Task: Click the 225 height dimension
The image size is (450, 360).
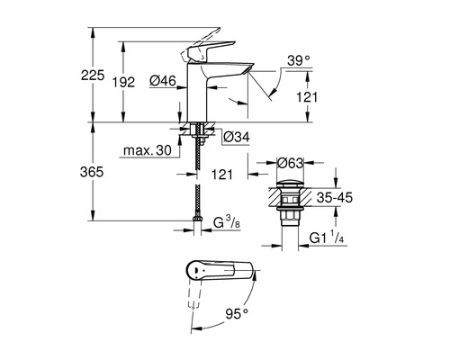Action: coord(93,75)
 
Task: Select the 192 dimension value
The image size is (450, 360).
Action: coord(123,82)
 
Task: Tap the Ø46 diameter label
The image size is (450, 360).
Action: coord(162,80)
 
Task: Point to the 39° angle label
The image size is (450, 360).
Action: coord(298,60)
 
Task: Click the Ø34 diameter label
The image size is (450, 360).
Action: coord(237,138)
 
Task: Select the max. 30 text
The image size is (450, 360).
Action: coord(148,150)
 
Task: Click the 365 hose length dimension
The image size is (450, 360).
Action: coord(92,172)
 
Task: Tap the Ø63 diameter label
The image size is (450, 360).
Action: coord(291,164)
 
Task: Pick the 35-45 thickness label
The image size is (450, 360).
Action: coord(335,198)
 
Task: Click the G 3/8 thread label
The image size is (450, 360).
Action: coord(227,222)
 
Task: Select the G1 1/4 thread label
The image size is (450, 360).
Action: coord(327,238)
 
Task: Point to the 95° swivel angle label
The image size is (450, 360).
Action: coord(237,314)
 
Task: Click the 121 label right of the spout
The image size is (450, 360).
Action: coord(307,97)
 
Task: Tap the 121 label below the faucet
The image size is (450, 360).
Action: coord(222,174)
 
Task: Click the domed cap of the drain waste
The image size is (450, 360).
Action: coord(290,184)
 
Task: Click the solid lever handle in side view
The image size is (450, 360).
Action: coord(210,50)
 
